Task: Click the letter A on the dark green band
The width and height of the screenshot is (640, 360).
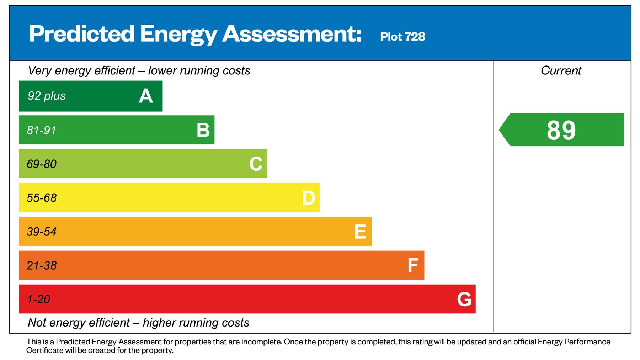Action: click(x=146, y=96)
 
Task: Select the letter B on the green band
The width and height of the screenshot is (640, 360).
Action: click(x=203, y=130)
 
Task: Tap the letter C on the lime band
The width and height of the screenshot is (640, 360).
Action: click(x=256, y=164)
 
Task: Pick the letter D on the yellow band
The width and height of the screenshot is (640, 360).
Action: click(x=308, y=198)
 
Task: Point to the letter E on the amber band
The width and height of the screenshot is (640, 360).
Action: click(x=360, y=232)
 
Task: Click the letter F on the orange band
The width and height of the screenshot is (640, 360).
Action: click(x=412, y=266)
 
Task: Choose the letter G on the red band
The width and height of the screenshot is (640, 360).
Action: click(x=464, y=300)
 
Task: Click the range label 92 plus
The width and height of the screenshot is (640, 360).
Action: click(x=47, y=96)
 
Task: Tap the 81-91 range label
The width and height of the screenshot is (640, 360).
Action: click(x=42, y=130)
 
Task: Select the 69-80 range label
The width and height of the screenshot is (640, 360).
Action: click(x=42, y=164)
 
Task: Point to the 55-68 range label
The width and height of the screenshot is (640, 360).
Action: click(x=42, y=198)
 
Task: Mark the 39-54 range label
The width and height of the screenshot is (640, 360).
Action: click(x=42, y=232)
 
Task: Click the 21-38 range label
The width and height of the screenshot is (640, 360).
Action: click(x=42, y=266)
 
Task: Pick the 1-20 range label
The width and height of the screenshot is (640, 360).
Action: click(x=38, y=300)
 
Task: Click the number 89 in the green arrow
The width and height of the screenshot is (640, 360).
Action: click(x=561, y=130)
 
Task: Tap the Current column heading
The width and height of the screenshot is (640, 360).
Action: click(x=561, y=70)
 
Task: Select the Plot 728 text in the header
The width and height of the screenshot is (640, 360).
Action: click(x=402, y=37)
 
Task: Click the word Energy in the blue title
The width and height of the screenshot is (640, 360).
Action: click(x=178, y=34)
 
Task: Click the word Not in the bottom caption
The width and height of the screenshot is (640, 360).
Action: click(x=37, y=323)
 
